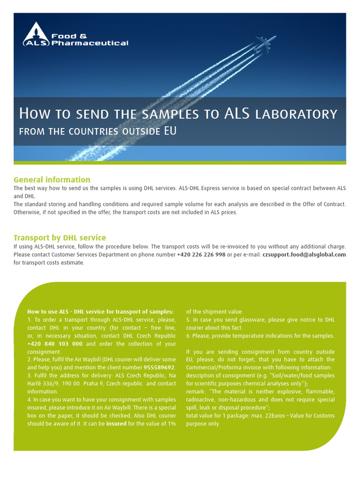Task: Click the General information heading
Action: tap(52, 180)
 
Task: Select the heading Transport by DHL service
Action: tap(60, 238)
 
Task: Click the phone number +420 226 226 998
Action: tap(201, 255)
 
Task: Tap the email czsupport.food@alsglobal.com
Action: tap(304, 255)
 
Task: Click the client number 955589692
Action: tap(159, 367)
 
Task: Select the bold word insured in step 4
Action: tap(117, 423)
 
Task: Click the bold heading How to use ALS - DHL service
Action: tap(100, 312)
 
